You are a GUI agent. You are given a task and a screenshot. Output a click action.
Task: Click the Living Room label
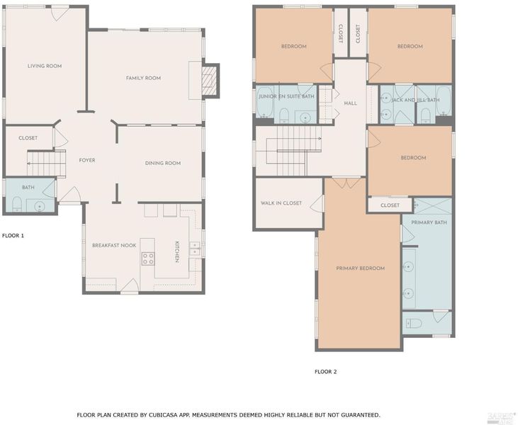pyautogui.click(x=45, y=66)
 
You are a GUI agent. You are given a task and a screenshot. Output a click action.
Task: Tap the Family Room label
pyautogui.click(x=143, y=78)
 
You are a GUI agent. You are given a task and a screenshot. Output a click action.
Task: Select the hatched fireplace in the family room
pyautogui.click(x=209, y=80)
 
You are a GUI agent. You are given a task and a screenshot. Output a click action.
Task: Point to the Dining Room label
pyautogui.click(x=163, y=163)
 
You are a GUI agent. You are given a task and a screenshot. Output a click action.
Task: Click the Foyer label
pyautogui.click(x=87, y=160)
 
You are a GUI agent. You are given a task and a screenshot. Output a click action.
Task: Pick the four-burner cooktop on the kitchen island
pyautogui.click(x=148, y=259)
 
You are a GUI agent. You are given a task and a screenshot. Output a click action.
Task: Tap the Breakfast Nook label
pyautogui.click(x=114, y=245)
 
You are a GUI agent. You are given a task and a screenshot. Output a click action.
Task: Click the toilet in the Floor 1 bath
pyautogui.click(x=17, y=204)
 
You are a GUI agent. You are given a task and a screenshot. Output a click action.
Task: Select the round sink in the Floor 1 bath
pyautogui.click(x=40, y=207)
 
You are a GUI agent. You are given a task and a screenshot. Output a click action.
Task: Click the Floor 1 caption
pyautogui.click(x=13, y=235)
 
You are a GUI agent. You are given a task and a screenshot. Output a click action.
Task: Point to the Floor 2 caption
pyautogui.click(x=326, y=371)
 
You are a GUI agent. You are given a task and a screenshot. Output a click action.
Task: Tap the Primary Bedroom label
pyautogui.click(x=361, y=268)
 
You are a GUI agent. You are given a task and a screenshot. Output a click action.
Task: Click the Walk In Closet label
pyautogui.click(x=281, y=203)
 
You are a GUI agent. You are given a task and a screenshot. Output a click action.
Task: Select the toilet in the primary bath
pyautogui.click(x=414, y=323)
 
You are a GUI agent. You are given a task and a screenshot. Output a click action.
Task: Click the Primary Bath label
pyautogui.click(x=429, y=222)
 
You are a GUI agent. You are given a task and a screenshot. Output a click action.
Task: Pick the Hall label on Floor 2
pyautogui.click(x=351, y=103)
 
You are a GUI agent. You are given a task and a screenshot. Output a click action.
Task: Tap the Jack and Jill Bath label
pyautogui.click(x=415, y=100)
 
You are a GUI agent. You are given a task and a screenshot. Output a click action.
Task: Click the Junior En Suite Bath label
pyautogui.click(x=286, y=96)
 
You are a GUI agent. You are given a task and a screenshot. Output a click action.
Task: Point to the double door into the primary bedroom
pyautogui.click(x=346, y=183)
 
